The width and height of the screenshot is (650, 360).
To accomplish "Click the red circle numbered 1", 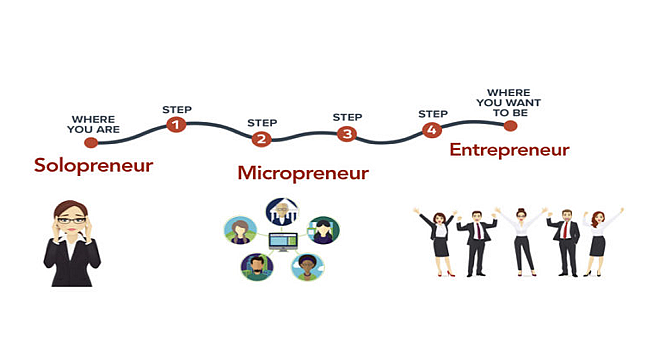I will point(176,125).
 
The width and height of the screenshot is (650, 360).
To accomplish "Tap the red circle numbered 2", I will point(261,140).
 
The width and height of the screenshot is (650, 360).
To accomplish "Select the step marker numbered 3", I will point(346,133).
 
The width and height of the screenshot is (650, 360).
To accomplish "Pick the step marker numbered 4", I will point(431,130).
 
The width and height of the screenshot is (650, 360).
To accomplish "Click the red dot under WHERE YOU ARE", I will point(91,143).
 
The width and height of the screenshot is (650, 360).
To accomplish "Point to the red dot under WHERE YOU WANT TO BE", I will point(511,126).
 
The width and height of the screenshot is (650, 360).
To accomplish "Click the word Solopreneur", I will point(93,165).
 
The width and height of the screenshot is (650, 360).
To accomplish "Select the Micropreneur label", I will point(303,173).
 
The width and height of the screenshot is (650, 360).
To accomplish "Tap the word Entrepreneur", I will point(509,150).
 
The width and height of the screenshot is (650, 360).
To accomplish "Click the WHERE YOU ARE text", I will point(94,124).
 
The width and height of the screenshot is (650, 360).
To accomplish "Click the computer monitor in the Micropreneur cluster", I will point(282,242).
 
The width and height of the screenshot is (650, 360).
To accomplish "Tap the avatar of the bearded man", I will point(256,267).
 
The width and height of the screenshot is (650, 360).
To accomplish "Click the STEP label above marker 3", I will point(347,117).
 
